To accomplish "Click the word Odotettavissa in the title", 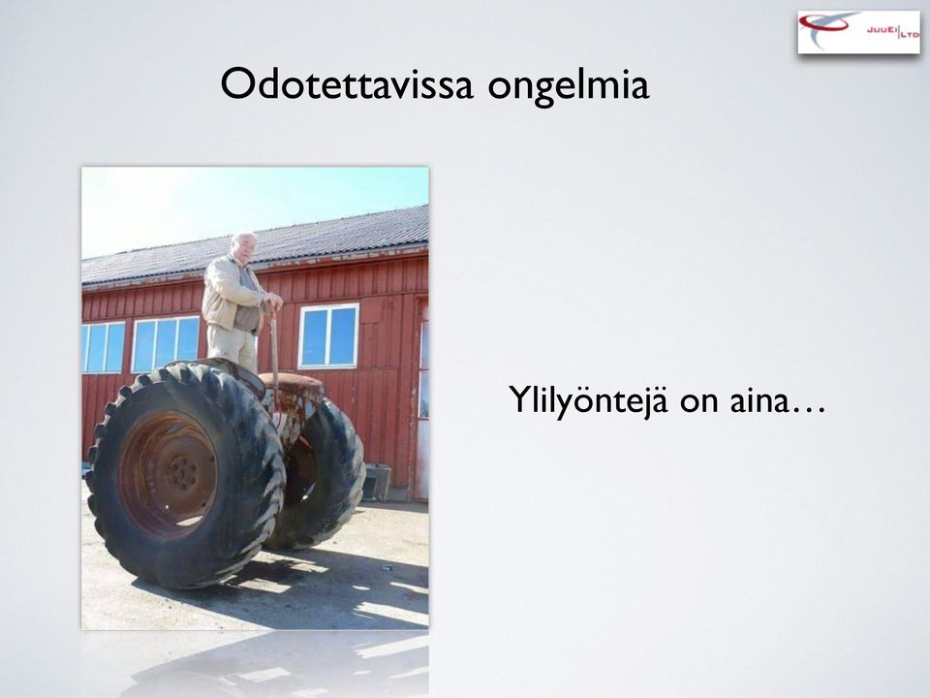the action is coord(347,84).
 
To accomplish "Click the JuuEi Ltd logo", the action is coord(859,32).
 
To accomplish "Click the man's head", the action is coord(244,247).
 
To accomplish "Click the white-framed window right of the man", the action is coord(328,336).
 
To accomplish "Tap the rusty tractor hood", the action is coord(294,385).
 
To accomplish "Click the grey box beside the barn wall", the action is coord(377,482).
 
